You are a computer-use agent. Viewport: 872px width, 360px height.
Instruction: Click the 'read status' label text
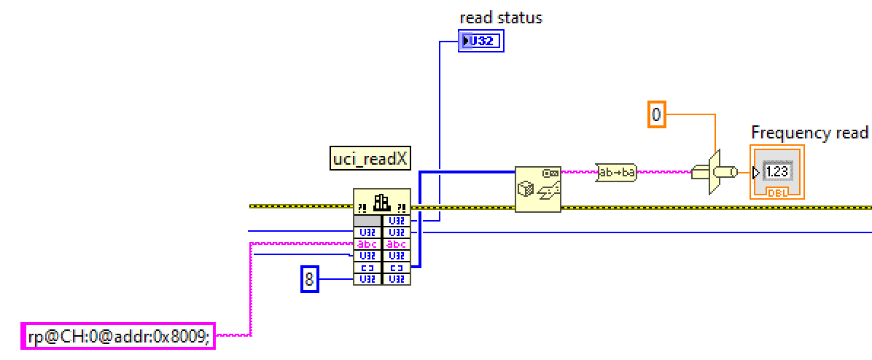click(x=500, y=17)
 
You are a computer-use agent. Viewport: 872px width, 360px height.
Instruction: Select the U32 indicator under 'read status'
click(x=481, y=42)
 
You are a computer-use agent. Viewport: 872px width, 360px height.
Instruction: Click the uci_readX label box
click(x=370, y=159)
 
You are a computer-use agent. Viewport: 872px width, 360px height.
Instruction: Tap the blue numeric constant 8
click(x=310, y=279)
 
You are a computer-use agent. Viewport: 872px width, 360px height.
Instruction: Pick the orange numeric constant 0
click(x=656, y=114)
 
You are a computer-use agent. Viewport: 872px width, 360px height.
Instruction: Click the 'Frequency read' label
click(x=809, y=133)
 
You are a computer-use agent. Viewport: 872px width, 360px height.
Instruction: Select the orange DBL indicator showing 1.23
click(x=776, y=172)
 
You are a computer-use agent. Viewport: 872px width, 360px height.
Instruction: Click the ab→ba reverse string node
click(x=616, y=173)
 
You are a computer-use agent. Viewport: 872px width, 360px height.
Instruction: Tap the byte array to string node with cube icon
click(x=537, y=189)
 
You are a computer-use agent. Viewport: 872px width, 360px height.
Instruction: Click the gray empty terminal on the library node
click(x=367, y=221)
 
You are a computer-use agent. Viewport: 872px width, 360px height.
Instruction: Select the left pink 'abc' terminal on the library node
click(x=367, y=244)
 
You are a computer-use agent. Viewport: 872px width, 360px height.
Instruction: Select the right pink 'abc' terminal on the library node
click(x=397, y=244)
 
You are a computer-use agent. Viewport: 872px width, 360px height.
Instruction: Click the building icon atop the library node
click(x=382, y=202)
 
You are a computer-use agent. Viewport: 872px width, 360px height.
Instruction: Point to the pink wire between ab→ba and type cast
click(x=663, y=173)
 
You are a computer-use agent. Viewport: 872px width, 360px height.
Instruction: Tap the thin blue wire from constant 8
click(x=335, y=279)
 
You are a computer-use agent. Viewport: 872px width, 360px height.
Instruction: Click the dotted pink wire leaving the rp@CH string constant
click(x=233, y=335)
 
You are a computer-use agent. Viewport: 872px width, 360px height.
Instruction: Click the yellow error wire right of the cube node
click(x=693, y=207)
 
